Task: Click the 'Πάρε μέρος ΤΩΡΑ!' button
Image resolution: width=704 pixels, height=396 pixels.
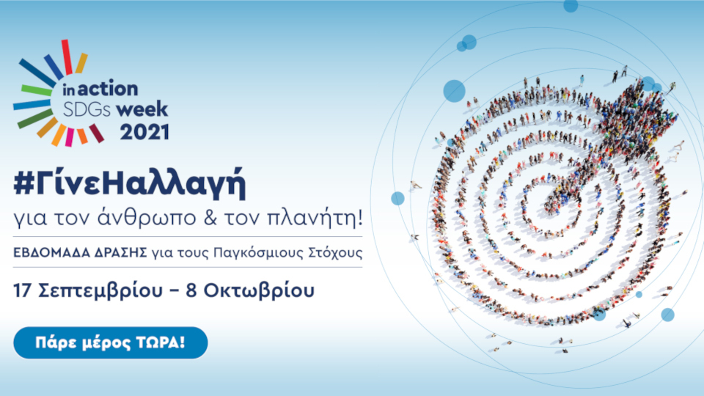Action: click(111, 342)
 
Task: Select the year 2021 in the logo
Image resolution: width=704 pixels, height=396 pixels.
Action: click(144, 132)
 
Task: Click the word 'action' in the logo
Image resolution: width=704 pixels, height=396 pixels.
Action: click(108, 89)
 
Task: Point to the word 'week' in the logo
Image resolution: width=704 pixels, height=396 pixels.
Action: click(145, 110)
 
